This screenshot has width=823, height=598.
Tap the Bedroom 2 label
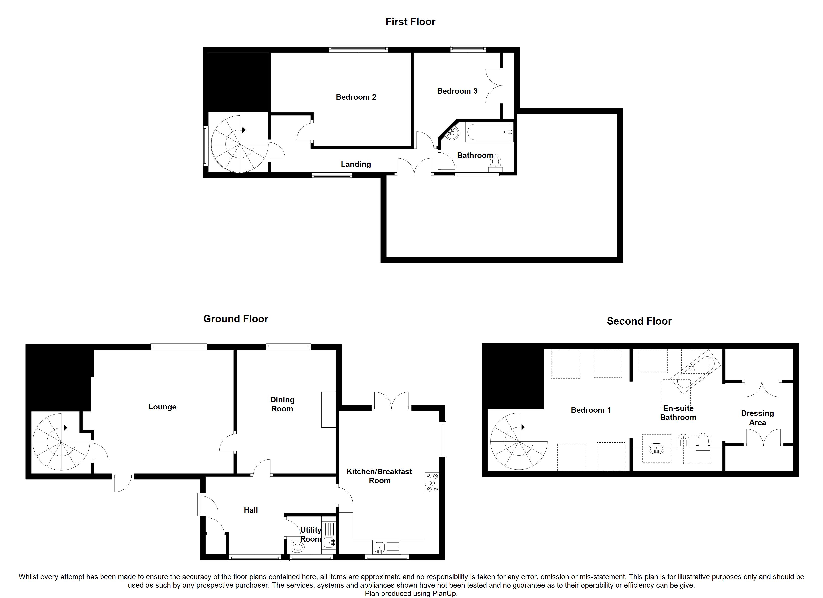tap(356, 97)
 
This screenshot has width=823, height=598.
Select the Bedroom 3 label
tap(457, 91)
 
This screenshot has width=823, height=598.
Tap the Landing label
tap(356, 164)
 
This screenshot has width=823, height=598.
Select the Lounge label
tap(162, 407)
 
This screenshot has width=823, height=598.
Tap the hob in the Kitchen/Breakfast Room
tap(432, 483)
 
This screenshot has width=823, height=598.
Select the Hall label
tap(251, 510)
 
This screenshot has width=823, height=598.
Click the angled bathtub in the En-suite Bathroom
tap(695, 372)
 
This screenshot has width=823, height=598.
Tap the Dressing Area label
tap(757, 418)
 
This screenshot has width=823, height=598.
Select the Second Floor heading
tap(639, 321)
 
